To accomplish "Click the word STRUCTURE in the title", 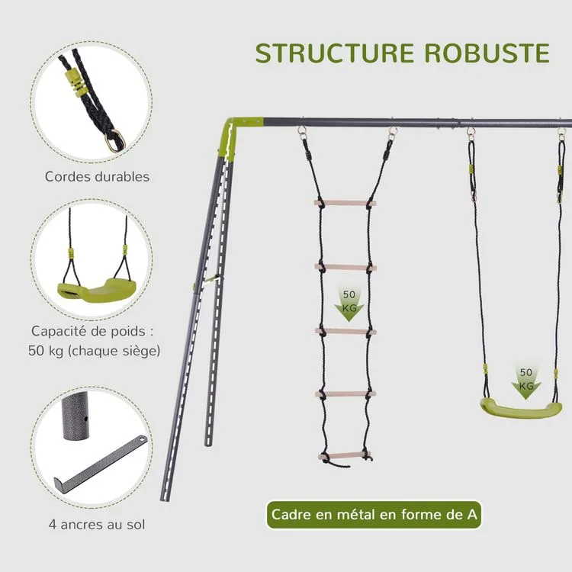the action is coord(335,53).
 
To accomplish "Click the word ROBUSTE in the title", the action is coord(487,53).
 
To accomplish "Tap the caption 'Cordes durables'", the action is coord(97,177).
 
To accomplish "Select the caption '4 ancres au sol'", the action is coord(97,525).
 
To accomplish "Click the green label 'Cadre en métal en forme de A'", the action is coord(374,515).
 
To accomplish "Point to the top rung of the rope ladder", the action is coord(345,203).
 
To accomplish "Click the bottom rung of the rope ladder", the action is coord(345,455).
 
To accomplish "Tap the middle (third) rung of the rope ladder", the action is coord(345,332).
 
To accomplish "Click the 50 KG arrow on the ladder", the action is coord(349,304).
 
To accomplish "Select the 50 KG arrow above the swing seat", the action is coord(525,381).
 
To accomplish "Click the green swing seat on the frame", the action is coord(521,407).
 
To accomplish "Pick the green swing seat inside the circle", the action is coord(96,290).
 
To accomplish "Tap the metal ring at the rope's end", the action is coord(115,140).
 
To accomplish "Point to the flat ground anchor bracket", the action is coord(100,462).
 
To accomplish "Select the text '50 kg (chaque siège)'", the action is coord(94,351).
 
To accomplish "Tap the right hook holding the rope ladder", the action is coord(392,133).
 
